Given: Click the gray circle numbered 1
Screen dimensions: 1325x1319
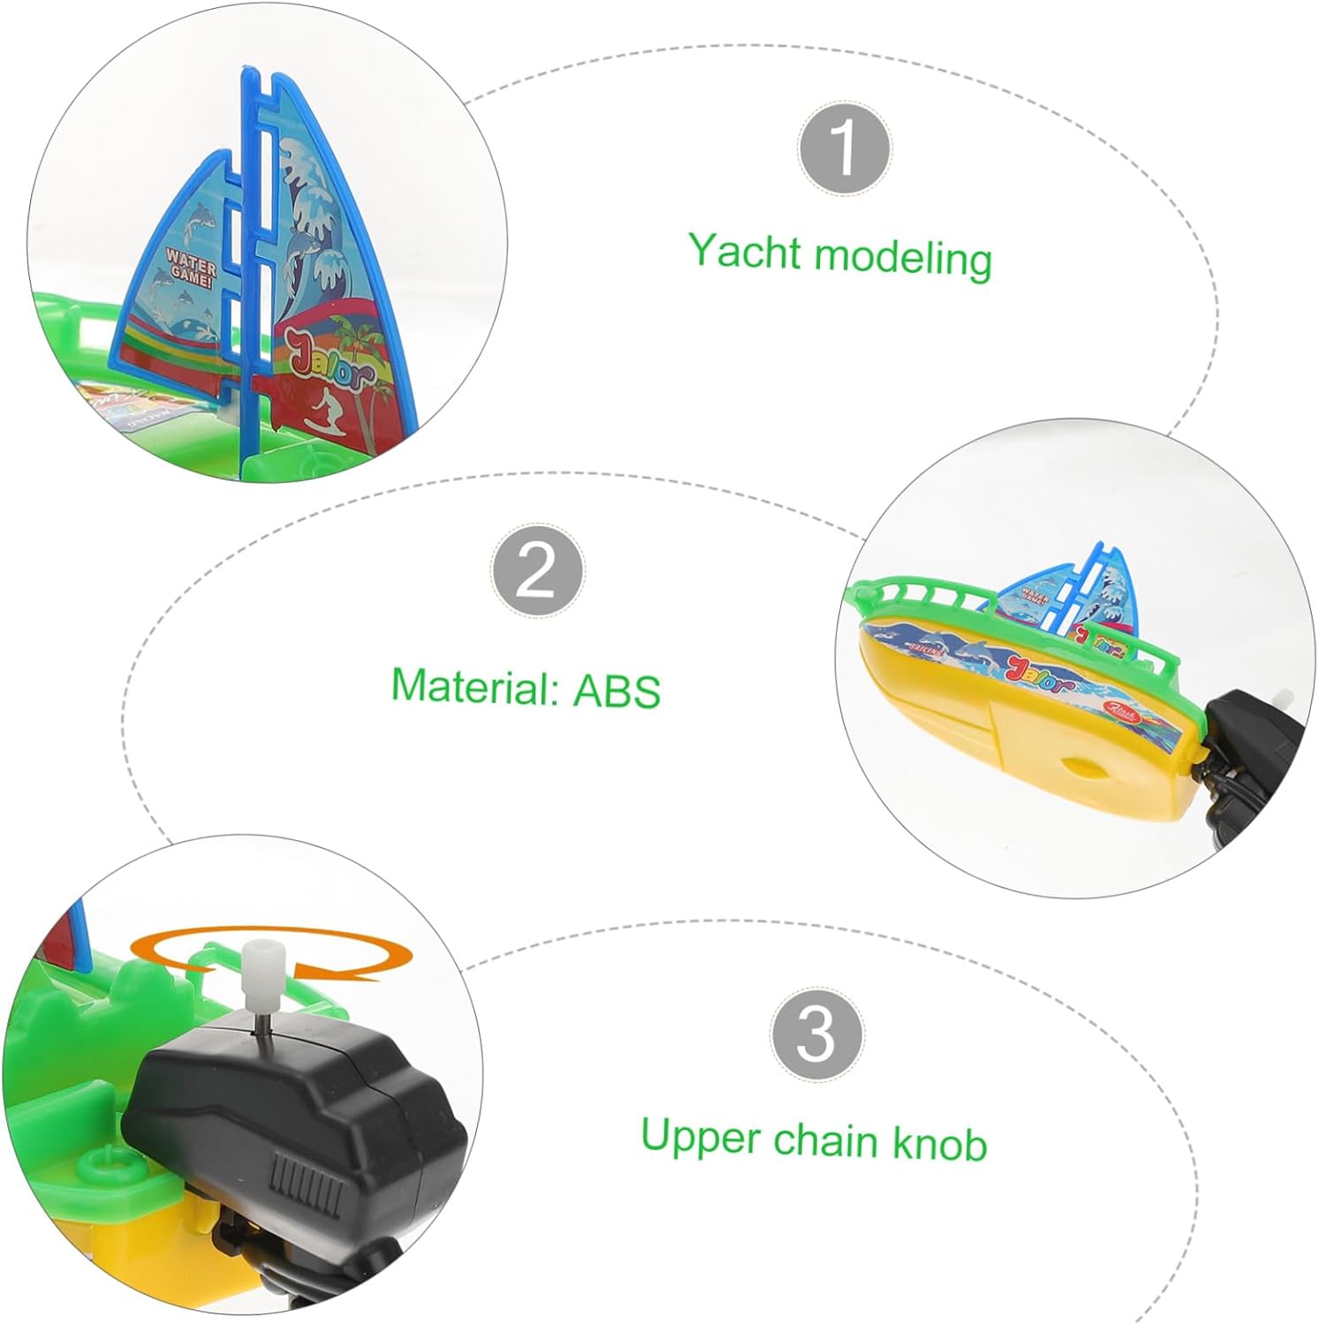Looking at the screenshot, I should coord(844,148).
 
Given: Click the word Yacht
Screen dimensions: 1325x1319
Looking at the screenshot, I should coord(744,252).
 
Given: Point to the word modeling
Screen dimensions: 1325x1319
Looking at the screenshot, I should coord(903,258).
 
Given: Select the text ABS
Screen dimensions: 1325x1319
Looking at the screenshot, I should coord(617,691).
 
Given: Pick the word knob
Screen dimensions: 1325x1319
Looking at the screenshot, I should coord(939,1144).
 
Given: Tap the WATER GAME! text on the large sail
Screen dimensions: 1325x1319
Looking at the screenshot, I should coord(190,274).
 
